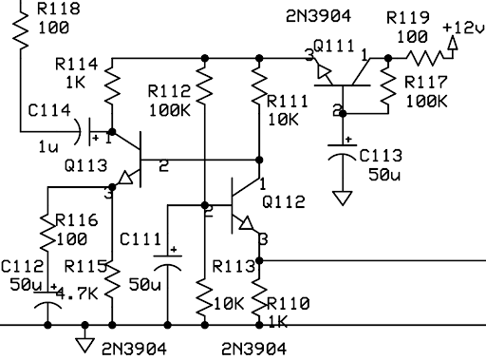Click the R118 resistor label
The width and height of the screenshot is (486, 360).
pos(59,9)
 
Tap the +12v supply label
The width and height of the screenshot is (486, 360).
pos(464,28)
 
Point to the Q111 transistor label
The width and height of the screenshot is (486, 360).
pos(334,47)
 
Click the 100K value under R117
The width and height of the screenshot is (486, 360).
pos(426,102)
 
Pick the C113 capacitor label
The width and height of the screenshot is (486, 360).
pos(381,156)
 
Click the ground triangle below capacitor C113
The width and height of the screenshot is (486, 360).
pos(343,199)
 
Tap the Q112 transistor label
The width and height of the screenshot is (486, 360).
pos(284,201)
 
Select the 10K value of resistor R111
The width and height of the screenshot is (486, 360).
pos(283,120)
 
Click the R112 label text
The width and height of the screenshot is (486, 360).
pos(169,91)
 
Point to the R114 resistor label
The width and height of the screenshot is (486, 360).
pos(77,64)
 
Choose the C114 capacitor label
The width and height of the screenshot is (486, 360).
pos(49,110)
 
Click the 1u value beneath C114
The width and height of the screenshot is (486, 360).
pos(48,147)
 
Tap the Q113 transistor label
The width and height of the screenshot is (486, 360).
pos(85,165)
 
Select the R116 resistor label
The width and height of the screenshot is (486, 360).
pos(77,219)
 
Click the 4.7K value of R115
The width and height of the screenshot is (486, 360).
pos(77,294)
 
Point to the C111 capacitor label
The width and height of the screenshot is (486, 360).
pos(140,239)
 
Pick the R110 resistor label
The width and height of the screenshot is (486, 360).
pos(289,304)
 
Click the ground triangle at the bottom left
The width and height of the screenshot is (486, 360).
pos(84,346)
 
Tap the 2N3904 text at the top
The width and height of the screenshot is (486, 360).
pos(319,16)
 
